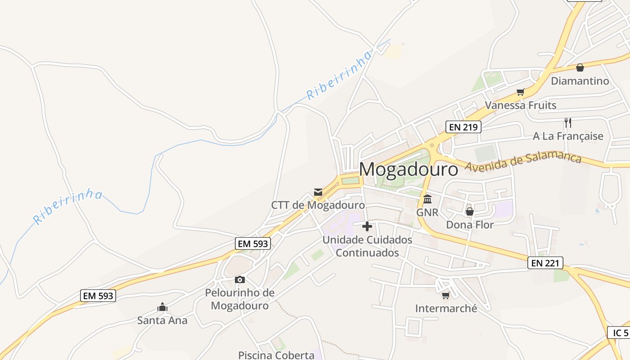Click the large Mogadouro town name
coord(408,170)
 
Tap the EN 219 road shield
coord(463,127)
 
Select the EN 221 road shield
coord(545,263)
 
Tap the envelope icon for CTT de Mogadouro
coord(318,193)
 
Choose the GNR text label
coord(427,212)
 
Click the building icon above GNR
coord(427,199)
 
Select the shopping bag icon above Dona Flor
coord(470,211)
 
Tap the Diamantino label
coord(580,81)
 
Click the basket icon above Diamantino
coord(580,67)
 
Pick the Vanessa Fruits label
coord(520,105)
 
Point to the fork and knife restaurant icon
coord(568,122)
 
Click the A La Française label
coord(568,136)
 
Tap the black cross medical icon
coord(367,226)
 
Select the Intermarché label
coord(446,309)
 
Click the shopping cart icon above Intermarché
coord(445,295)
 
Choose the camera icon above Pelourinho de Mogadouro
coord(240,280)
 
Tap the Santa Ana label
coord(162,321)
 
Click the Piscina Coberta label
coord(276,355)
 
